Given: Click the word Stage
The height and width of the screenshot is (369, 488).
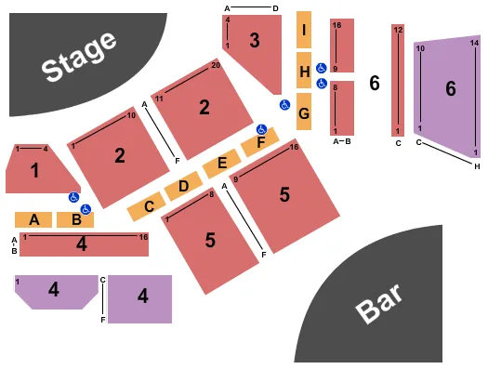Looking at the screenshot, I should (80, 55).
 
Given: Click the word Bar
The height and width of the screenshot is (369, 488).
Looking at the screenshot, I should (379, 302).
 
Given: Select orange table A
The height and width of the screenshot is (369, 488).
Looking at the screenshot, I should (33, 220).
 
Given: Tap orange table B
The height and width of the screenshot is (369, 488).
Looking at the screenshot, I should (75, 220).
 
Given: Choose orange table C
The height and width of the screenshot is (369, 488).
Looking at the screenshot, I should (147, 206).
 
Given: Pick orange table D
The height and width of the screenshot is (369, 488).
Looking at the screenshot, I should (183, 186).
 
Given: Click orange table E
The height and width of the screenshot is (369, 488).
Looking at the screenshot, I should (221, 165).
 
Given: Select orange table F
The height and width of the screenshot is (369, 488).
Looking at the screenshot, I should (259, 143).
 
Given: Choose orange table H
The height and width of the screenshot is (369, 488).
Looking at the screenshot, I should (304, 70).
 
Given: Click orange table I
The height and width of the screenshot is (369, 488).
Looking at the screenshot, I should (304, 30).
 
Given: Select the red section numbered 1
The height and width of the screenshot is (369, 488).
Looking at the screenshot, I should (34, 170).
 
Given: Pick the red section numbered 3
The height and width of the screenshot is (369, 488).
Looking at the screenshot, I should (254, 42).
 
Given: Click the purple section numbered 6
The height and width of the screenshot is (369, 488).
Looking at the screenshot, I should (451, 90).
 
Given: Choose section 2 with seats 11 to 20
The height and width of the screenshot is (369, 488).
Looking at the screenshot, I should (204, 108).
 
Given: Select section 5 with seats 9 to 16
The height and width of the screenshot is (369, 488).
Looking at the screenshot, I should (284, 195).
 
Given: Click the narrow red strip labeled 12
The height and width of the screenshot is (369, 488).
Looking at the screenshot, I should (398, 80).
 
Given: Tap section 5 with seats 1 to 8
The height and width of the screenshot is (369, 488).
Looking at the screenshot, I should (211, 240).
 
